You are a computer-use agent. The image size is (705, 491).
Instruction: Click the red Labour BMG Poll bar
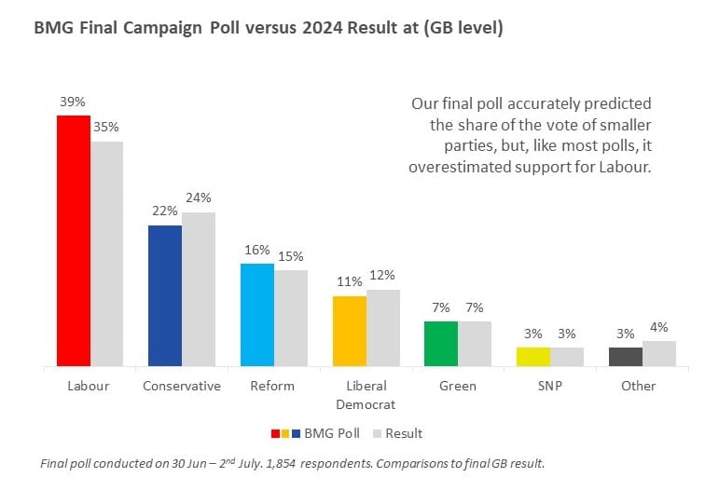74,241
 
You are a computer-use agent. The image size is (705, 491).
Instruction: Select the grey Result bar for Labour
106,253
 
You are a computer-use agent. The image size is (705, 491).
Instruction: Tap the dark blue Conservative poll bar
165,296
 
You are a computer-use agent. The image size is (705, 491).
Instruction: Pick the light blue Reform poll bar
257,315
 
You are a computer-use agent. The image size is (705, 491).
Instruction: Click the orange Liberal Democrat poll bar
350,332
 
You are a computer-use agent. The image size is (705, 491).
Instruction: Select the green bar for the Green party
440,344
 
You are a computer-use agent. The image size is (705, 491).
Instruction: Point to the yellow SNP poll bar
533,357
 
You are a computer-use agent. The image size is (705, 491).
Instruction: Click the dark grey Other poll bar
625,357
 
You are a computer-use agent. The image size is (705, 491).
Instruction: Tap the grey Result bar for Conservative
199,290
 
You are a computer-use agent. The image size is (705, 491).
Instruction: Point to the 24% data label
199,198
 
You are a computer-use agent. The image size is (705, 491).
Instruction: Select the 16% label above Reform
257,250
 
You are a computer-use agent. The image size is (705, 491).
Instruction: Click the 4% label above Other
659,327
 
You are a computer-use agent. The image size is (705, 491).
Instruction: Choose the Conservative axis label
182,386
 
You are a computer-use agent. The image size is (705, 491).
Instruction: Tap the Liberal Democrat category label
366,395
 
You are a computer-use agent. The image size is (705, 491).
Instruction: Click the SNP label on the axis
550,386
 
